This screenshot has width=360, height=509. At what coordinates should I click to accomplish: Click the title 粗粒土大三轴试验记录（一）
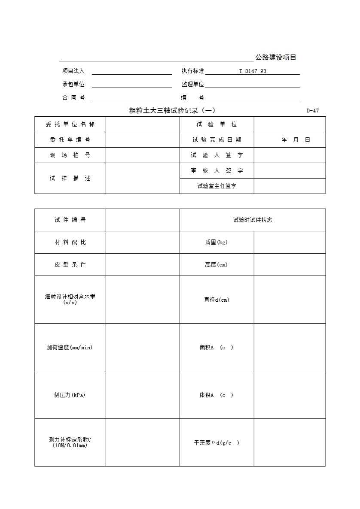172,111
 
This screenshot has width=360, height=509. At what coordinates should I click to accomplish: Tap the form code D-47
313,111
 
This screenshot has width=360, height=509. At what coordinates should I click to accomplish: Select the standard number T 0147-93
253,71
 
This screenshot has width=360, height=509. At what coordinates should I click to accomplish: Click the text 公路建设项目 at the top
276,58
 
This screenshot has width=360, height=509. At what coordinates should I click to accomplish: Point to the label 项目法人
73,71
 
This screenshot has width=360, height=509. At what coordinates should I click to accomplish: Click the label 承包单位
73,85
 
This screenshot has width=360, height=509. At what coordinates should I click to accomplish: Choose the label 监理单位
193,85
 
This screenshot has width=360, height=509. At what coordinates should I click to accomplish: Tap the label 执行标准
193,71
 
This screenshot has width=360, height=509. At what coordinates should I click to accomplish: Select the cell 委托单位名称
70,124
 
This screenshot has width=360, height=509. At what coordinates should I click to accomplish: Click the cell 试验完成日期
217,140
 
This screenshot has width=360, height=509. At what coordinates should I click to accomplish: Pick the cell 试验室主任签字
217,186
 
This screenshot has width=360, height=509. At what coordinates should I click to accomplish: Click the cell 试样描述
70,179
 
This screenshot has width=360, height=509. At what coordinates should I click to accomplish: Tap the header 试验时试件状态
253,220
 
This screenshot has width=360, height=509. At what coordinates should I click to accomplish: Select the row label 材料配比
70,242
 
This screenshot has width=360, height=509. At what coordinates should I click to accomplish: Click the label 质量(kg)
217,242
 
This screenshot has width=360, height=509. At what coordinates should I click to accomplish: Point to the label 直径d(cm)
217,300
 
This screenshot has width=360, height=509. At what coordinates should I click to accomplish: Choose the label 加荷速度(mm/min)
70,348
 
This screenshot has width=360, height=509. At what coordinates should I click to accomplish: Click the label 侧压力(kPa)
70,395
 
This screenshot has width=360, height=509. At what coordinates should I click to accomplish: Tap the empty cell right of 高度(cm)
290,265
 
